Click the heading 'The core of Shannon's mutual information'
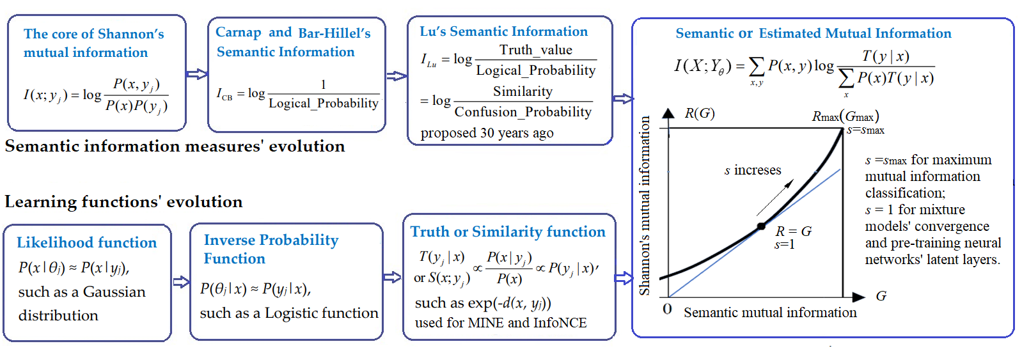pyautogui.click(x=93, y=43)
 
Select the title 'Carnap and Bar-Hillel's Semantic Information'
pyautogui.click(x=292, y=42)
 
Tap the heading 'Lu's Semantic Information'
pyautogui.click(x=503, y=31)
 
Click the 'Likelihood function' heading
pyautogui.click(x=86, y=242)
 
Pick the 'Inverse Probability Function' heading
pyautogui.click(x=271, y=249)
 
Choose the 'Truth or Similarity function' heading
pyautogui.click(x=508, y=231)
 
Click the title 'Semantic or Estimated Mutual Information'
pyautogui.click(x=813, y=33)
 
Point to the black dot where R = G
pyautogui.click(x=761, y=226)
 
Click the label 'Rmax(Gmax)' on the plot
pyautogui.click(x=845, y=116)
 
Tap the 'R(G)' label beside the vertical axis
pyautogui.click(x=699, y=113)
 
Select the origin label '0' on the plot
pyautogui.click(x=667, y=309)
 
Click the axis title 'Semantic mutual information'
pyautogui.click(x=770, y=313)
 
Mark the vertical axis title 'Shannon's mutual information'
pyautogui.click(x=645, y=205)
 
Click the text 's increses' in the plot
pyautogui.click(x=753, y=170)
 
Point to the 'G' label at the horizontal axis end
pyautogui.click(x=881, y=296)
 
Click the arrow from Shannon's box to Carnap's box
pyautogui.click(x=197, y=74)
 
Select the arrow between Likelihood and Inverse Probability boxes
pyautogui.click(x=181, y=282)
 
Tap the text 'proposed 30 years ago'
pyautogui.click(x=487, y=133)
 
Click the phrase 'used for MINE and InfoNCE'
pyautogui.click(x=501, y=323)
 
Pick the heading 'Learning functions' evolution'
pyautogui.click(x=123, y=202)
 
